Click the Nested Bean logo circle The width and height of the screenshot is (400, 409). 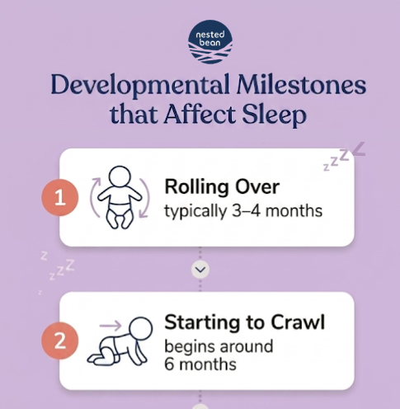[x=210, y=42]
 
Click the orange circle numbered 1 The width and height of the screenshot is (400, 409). [x=59, y=198]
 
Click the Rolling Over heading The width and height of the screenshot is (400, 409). [x=223, y=186]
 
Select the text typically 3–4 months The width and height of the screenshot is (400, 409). [x=243, y=211]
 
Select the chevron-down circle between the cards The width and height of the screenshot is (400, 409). [x=200, y=270]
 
